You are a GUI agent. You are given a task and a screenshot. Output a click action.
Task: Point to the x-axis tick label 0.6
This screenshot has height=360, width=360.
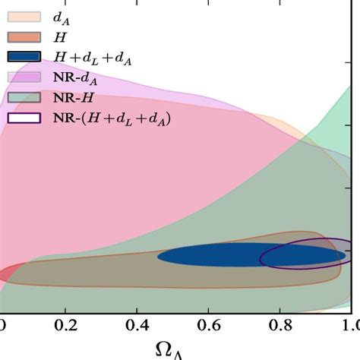pyautogui.click(x=209, y=325)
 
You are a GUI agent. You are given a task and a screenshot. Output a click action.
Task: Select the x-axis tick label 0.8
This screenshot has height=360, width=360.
pyautogui.click(x=280, y=325)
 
